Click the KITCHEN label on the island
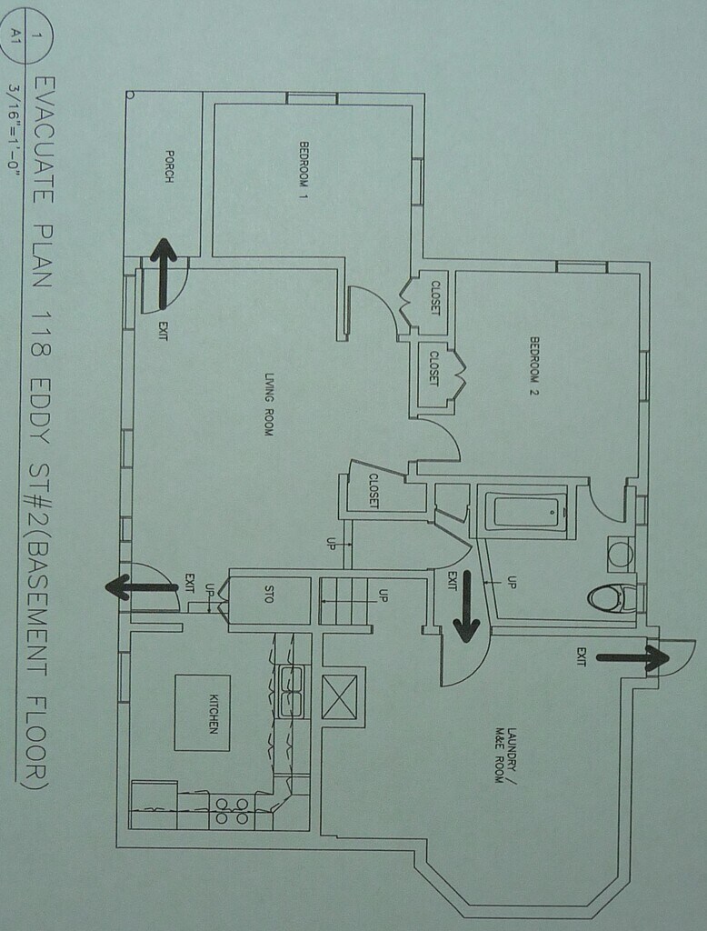coord(214,713)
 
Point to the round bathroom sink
coord(620,553)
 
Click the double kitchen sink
coord(291,691)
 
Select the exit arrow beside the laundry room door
coord(466,605)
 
